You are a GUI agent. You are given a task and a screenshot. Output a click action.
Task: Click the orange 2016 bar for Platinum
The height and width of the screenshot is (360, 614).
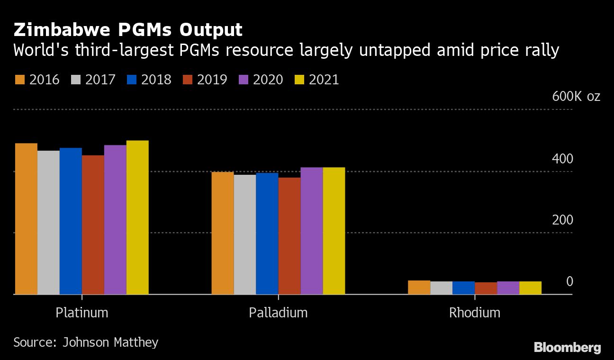click(x=26, y=219)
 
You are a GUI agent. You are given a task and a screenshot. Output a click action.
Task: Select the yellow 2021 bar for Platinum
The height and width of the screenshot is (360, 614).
click(x=137, y=217)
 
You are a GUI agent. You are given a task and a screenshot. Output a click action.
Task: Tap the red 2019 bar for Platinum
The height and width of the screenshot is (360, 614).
click(x=93, y=225)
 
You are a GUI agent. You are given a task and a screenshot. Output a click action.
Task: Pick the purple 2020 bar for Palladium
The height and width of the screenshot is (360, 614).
click(x=312, y=231)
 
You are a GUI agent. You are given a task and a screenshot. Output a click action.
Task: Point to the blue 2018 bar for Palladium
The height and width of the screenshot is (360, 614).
click(x=267, y=234)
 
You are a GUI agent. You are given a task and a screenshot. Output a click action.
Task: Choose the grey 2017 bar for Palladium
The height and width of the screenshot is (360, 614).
click(x=245, y=234)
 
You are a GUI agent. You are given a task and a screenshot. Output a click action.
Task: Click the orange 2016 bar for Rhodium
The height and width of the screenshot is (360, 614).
click(x=419, y=288)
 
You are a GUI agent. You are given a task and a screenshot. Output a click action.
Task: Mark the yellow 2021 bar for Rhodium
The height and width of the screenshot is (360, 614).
click(x=531, y=288)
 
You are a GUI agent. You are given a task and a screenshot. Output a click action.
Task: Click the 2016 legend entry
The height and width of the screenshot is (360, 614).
click(x=38, y=80)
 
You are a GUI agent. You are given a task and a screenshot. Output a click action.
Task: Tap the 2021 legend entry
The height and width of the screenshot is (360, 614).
click(x=317, y=80)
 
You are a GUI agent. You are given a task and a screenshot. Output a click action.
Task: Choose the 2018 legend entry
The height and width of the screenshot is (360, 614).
click(x=150, y=80)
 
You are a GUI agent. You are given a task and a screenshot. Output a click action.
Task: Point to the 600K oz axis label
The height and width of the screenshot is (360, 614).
click(x=576, y=97)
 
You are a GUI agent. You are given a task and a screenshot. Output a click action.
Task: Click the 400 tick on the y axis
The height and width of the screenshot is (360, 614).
click(x=562, y=159)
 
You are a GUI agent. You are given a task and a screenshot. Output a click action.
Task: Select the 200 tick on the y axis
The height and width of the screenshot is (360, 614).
click(x=562, y=220)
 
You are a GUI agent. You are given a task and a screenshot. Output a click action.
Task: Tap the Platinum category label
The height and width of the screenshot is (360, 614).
click(x=82, y=313)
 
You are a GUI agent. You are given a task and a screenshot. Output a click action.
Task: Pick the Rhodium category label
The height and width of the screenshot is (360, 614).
click(x=475, y=313)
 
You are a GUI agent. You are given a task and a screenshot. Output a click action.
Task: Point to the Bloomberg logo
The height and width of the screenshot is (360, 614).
click(x=567, y=348)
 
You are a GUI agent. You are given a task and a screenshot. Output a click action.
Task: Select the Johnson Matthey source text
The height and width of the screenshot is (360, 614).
click(x=110, y=342)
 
